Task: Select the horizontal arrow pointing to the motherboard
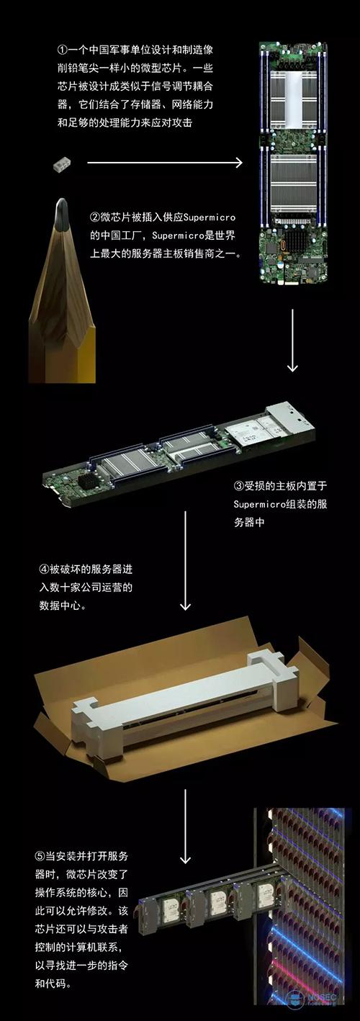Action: [165, 162]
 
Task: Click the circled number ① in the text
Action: [62, 49]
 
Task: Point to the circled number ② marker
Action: [95, 217]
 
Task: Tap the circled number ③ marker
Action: [239, 486]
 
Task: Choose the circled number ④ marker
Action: [44, 570]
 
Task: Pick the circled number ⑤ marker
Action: [40, 856]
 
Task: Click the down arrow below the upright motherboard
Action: [292, 341]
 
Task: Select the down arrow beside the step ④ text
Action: [185, 560]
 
